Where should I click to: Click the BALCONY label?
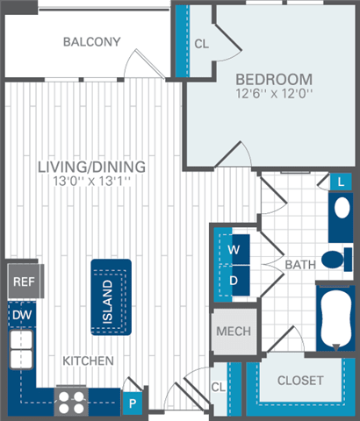point(92,41)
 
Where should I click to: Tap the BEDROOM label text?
point(274,78)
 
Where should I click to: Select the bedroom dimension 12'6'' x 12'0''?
point(274,93)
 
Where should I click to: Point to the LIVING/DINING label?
point(91,167)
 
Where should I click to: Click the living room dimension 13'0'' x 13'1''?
point(91,182)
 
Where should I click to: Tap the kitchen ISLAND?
point(107,298)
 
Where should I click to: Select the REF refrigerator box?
point(22,282)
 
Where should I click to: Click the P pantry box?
point(133,403)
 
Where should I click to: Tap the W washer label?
point(234,248)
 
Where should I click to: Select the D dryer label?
point(234,280)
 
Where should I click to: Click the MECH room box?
point(233,332)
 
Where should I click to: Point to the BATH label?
point(299,263)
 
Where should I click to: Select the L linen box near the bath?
point(341,182)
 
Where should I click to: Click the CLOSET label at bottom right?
point(299,381)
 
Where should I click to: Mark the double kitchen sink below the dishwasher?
point(21,348)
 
